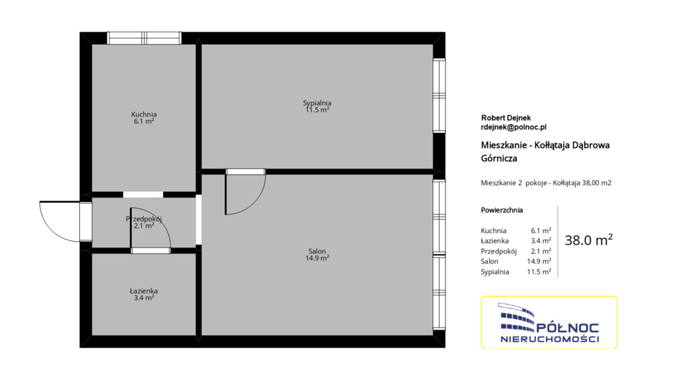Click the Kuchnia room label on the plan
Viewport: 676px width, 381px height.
click(x=144, y=114)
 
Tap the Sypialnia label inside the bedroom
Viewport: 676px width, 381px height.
click(x=317, y=102)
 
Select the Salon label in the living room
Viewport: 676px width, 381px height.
click(x=317, y=252)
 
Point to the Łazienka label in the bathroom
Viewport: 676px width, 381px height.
click(x=143, y=291)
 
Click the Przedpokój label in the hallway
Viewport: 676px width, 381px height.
click(x=143, y=219)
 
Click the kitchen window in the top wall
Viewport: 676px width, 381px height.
click(x=144, y=38)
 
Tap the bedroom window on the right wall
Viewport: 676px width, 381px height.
click(x=439, y=95)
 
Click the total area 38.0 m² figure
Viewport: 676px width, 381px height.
click(x=588, y=240)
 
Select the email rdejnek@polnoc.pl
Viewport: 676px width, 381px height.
click(x=514, y=127)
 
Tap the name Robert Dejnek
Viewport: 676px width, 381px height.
click(x=506, y=118)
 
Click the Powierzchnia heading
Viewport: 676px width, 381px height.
click(x=502, y=211)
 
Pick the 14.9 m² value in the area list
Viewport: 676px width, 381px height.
click(x=539, y=261)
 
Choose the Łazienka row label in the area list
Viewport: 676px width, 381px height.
click(x=494, y=241)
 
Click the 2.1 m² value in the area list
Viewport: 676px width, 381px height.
click(x=541, y=251)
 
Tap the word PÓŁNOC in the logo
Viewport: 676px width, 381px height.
click(x=567, y=328)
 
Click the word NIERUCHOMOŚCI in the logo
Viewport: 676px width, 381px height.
click(x=550, y=339)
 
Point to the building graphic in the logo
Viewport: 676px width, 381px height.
click(x=516, y=317)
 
